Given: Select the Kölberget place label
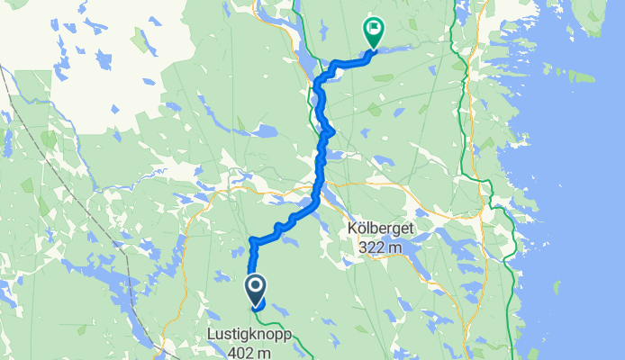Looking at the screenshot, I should click(381, 229).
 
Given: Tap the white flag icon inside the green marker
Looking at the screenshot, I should click(371, 29).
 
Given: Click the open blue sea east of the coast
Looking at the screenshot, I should click(576, 225).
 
